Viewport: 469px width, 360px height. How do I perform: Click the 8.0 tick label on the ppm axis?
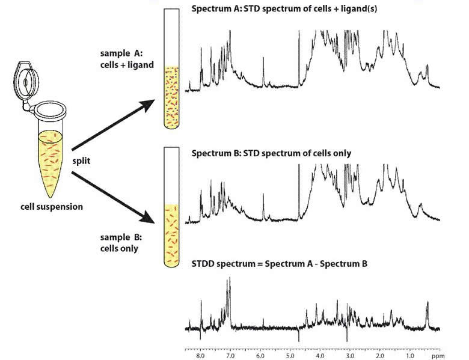(200, 356)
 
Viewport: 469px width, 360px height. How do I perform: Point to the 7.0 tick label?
(230, 356)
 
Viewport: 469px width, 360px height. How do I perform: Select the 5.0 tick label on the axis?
(290, 356)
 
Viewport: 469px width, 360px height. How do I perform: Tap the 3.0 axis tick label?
(350, 356)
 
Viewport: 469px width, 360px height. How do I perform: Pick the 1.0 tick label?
(410, 356)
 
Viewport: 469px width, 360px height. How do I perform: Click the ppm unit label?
(438, 356)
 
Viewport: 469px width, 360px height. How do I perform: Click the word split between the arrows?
(81, 161)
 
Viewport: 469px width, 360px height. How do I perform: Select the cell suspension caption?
(52, 207)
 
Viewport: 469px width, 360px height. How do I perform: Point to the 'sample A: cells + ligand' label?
(127, 59)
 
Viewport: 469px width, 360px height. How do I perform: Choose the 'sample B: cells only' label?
(121, 243)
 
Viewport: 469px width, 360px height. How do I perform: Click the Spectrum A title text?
(284, 8)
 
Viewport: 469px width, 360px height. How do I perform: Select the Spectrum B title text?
(271, 153)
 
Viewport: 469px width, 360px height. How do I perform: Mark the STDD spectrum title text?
(280, 264)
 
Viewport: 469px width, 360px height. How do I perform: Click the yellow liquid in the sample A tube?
(171, 97)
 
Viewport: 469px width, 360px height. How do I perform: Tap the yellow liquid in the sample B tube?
(171, 236)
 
